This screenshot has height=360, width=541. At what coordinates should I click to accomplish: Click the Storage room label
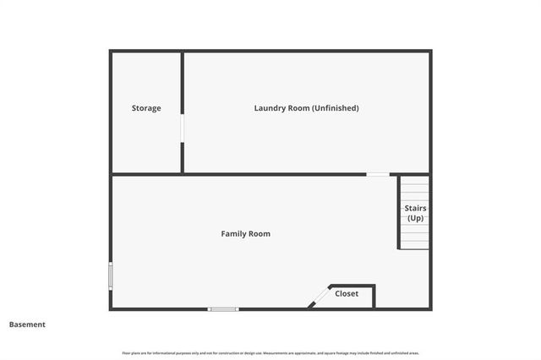tap(146, 108)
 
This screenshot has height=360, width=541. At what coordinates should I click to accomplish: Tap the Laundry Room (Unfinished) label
tap(306, 108)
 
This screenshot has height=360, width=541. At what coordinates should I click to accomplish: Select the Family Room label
tap(245, 233)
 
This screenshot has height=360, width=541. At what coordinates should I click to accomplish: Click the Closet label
tap(347, 293)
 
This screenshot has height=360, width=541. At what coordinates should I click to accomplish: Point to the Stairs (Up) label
tap(415, 213)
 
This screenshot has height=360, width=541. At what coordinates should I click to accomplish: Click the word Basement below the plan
tap(28, 325)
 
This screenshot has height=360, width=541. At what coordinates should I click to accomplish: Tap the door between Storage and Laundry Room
tap(182, 128)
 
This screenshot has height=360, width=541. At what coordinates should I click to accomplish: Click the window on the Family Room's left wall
tap(110, 275)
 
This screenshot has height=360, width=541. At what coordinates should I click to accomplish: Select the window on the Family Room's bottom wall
tap(224, 309)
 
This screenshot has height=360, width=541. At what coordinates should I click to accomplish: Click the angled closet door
tap(320, 296)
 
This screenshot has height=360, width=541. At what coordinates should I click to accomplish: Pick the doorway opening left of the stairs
tap(378, 174)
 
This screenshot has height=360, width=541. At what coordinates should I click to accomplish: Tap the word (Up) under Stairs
tap(415, 218)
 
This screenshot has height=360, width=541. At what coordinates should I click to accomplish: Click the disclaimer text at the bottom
tap(270, 352)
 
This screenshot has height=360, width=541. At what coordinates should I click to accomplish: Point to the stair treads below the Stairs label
tap(414, 237)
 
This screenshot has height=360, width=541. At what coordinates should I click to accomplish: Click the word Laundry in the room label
tap(270, 108)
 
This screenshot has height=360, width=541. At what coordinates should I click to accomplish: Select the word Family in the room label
tap(234, 233)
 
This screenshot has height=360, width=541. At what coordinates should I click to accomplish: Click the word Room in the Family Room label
tap(260, 233)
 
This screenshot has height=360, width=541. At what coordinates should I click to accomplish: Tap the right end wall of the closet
tap(374, 296)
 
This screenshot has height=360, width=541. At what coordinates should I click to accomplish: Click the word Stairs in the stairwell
tap(415, 208)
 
